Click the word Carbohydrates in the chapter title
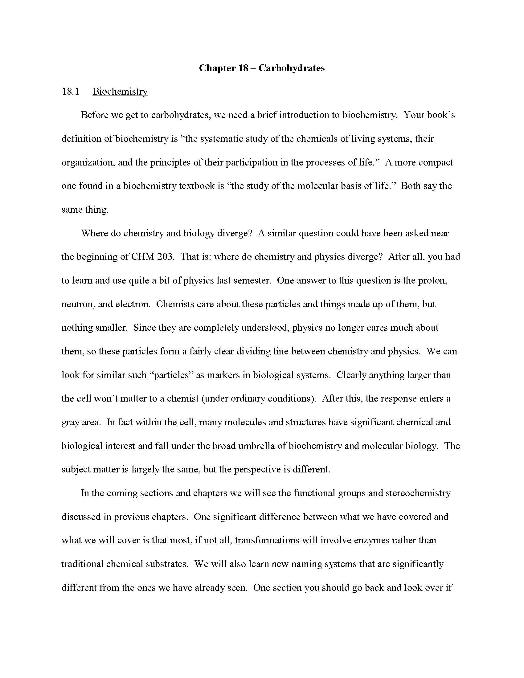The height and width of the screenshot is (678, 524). click(x=291, y=68)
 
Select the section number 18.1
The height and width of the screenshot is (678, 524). click(x=71, y=92)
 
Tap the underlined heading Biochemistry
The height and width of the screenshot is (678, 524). click(x=120, y=92)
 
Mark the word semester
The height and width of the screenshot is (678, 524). click(x=252, y=280)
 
